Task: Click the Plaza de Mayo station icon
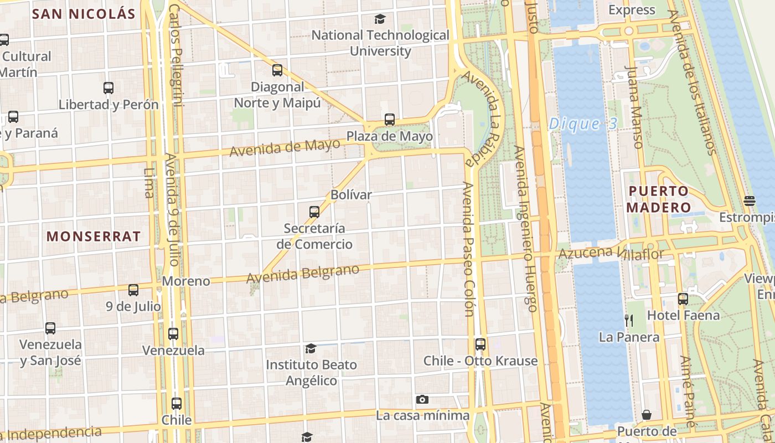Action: pyautogui.click(x=390, y=120)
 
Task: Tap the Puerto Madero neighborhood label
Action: pyautogui.click(x=659, y=199)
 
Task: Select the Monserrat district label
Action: pyautogui.click(x=94, y=236)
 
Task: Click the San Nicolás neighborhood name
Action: pyautogui.click(x=84, y=14)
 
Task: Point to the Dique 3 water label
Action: pyautogui.click(x=582, y=124)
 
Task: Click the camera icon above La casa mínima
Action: pyautogui.click(x=422, y=400)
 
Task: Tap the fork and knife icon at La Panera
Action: pyautogui.click(x=629, y=320)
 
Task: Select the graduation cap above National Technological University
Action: pyautogui.click(x=380, y=19)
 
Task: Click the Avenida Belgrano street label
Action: pyautogui.click(x=303, y=274)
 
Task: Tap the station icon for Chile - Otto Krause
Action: pyautogui.click(x=480, y=344)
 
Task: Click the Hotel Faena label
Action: pyautogui.click(x=683, y=316)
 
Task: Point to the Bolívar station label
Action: pyautogui.click(x=351, y=195)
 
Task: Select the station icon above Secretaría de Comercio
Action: pyautogui.click(x=314, y=212)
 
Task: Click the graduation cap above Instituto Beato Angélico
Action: pyautogui.click(x=311, y=349)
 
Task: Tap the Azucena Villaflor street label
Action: pyautogui.click(x=611, y=254)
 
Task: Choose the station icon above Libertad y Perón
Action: pyautogui.click(x=108, y=88)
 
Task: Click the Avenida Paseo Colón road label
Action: pyautogui.click(x=469, y=249)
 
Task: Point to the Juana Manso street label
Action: pyautogui.click(x=634, y=107)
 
